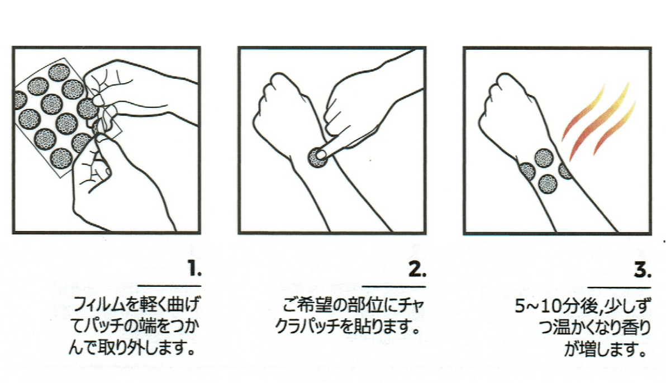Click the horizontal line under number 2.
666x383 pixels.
point(394,286)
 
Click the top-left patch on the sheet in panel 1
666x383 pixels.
point(59,73)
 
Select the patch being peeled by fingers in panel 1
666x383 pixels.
point(88,109)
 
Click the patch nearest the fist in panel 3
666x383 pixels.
point(527,171)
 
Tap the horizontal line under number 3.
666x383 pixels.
point(619,287)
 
